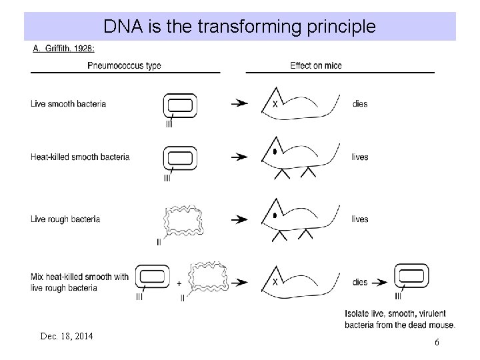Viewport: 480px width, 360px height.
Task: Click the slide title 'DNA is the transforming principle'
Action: tap(239, 27)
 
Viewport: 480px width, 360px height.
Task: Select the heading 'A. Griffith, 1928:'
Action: tap(64, 49)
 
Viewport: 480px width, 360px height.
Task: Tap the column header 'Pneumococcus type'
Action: tap(124, 65)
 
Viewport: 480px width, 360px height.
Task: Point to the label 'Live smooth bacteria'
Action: tap(68, 104)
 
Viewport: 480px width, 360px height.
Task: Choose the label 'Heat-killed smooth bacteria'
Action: tap(80, 157)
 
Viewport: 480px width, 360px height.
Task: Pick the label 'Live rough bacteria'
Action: tap(65, 219)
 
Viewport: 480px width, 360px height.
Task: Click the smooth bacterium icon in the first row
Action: tap(180, 105)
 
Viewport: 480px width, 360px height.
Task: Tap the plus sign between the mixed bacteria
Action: tap(179, 283)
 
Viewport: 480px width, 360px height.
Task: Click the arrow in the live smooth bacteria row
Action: tap(239, 104)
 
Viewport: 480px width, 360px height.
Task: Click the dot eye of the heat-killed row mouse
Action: tap(275, 153)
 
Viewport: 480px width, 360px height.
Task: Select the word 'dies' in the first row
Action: tap(360, 104)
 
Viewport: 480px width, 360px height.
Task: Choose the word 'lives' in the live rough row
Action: tap(360, 219)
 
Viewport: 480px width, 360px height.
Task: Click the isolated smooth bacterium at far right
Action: tap(411, 275)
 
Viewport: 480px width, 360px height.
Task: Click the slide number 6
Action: tap(437, 342)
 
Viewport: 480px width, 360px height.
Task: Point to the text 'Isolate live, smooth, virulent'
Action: tap(396, 313)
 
